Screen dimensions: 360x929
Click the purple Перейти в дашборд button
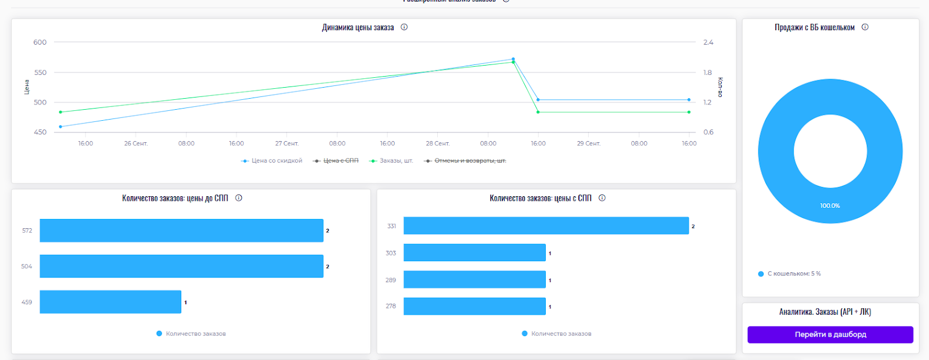point(830,334)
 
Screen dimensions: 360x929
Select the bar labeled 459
point(110,302)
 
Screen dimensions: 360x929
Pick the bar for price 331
point(546,226)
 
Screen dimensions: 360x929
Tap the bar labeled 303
point(474,253)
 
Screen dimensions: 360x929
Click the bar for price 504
point(181,266)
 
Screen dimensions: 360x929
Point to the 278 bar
point(474,306)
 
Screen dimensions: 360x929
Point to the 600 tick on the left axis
point(40,42)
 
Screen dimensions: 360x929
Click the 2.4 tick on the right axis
point(708,42)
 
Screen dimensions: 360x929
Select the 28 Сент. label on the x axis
point(438,143)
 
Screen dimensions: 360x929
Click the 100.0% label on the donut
point(830,206)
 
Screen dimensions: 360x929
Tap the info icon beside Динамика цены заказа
point(404,27)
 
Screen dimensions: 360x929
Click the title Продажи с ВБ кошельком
point(814,27)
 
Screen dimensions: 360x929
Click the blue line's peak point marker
point(513,59)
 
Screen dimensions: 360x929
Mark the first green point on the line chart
point(60,112)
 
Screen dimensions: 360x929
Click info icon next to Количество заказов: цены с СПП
point(602,198)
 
